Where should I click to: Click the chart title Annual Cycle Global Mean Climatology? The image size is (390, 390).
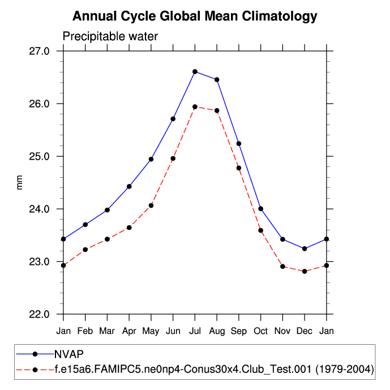tap(195, 16)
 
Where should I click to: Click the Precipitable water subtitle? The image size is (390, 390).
tap(110, 37)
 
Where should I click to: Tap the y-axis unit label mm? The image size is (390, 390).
tap(20, 183)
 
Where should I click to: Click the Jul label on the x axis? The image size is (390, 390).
tap(195, 331)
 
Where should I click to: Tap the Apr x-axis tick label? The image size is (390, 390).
tap(129, 331)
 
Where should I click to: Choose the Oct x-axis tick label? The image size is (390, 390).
tap(260, 331)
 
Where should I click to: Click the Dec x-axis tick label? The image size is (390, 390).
tap(305, 331)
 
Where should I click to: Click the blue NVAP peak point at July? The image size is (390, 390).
tap(195, 71)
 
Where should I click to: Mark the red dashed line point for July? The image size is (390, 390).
tap(195, 106)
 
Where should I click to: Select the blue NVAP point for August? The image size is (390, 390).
tap(217, 79)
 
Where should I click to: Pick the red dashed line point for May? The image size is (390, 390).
tap(151, 205)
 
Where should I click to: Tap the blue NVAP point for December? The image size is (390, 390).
tap(305, 248)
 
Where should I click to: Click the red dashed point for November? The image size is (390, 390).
tap(282, 266)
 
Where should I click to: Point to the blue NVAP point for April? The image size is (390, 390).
tap(129, 186)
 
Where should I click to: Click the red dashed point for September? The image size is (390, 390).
tap(239, 168)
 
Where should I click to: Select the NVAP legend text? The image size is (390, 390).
tap(69, 354)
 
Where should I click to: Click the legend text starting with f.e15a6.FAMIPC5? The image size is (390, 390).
tap(214, 370)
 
